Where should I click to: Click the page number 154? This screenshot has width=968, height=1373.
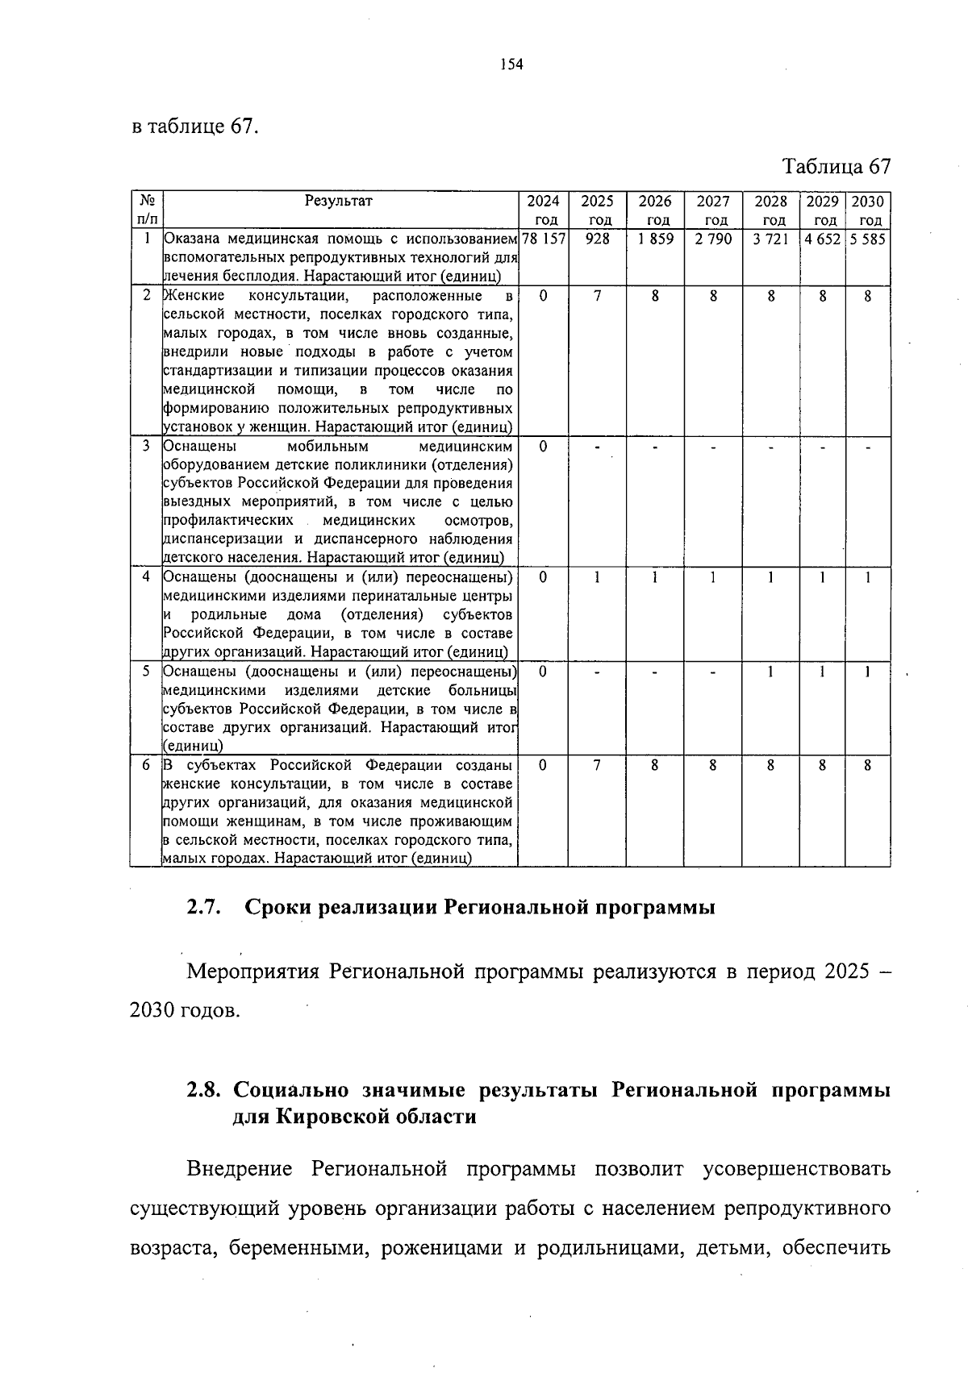511,65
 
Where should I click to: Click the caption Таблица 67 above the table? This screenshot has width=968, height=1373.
837,166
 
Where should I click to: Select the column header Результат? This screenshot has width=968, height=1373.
339,201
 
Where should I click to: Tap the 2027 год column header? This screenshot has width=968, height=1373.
713,210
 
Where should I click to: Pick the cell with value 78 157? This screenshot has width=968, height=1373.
543,239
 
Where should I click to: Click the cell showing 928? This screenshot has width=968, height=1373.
597,239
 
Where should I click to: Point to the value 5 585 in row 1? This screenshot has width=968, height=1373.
867,239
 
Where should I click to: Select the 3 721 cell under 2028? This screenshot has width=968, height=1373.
770,239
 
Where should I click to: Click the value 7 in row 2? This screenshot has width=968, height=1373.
597,296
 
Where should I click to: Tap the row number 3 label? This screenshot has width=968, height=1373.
146,446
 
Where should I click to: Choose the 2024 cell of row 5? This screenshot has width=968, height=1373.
543,672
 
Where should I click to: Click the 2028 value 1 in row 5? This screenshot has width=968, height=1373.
770,672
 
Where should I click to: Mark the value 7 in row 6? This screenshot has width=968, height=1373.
597,765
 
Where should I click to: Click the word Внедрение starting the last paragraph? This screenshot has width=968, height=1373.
240,1168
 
